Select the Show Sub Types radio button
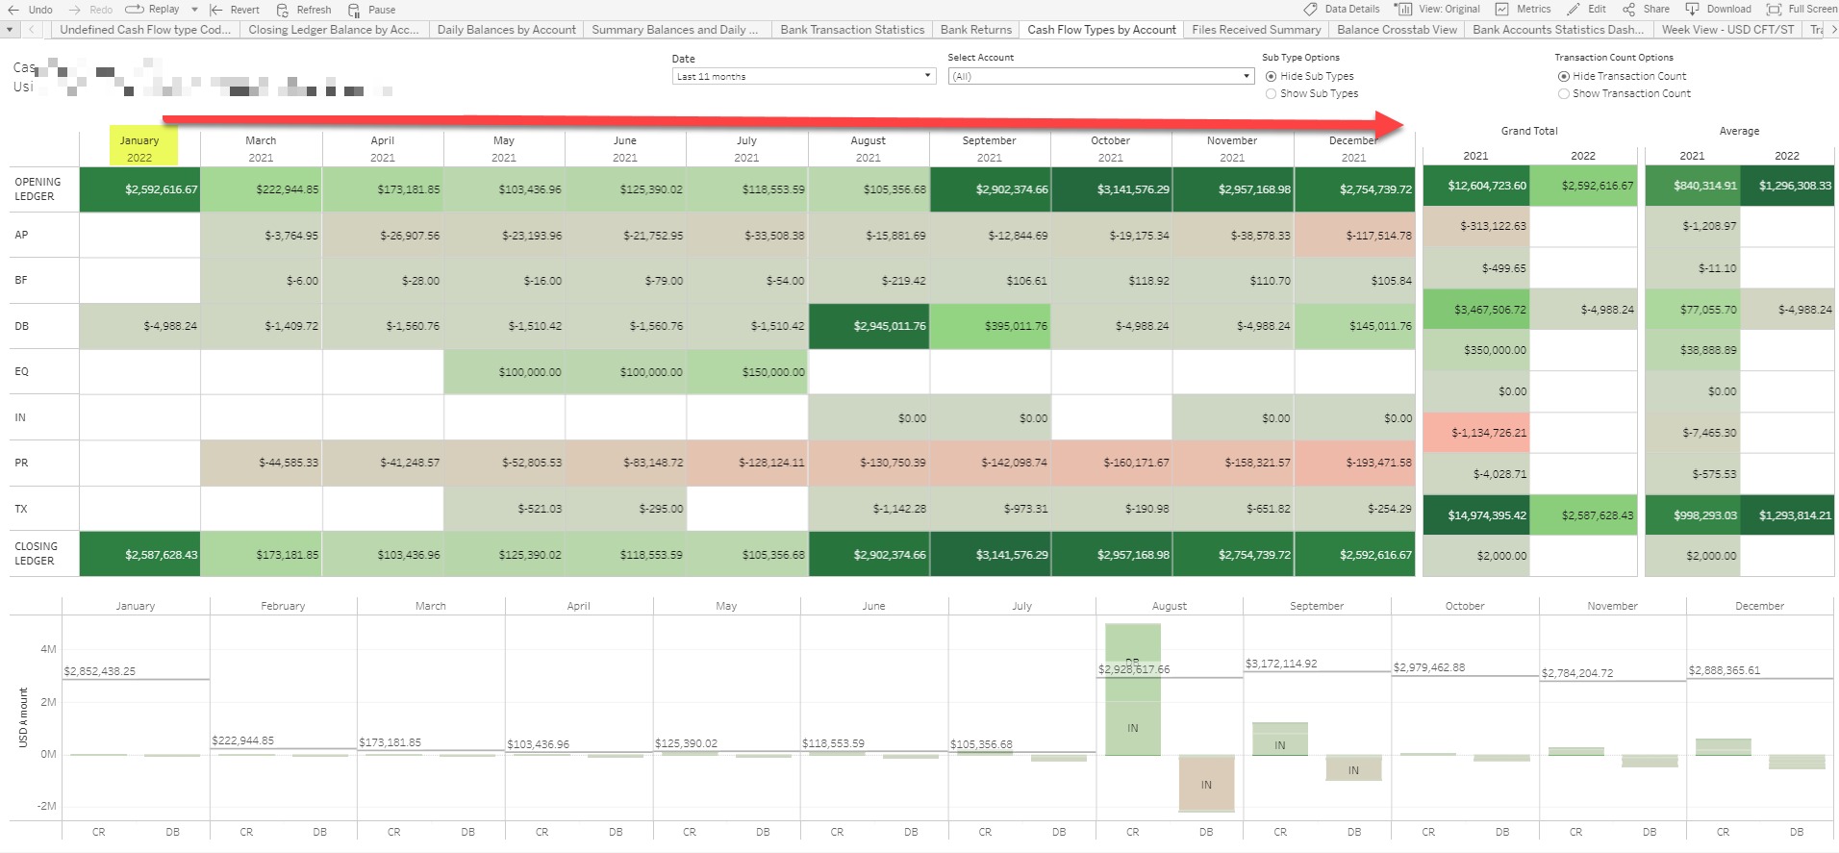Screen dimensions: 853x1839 (1272, 94)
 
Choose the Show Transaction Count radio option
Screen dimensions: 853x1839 (1564, 94)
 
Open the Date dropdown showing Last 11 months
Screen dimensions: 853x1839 (804, 76)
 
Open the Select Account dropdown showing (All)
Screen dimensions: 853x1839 (1100, 76)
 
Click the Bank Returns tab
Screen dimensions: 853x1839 (975, 30)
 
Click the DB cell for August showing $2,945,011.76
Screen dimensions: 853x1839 (869, 326)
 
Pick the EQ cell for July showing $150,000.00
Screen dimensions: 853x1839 (747, 372)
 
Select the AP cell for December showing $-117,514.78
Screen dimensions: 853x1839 (1354, 236)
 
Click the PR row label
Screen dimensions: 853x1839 (21, 463)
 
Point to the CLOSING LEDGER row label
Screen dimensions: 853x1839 (36, 553)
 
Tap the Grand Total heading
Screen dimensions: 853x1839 (1528, 131)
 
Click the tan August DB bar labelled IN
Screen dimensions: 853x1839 (1206, 783)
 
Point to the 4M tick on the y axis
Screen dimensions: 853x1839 (48, 649)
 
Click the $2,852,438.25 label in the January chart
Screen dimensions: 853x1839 (100, 671)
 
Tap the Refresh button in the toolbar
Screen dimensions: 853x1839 (304, 10)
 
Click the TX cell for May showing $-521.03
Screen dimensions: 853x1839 (504, 509)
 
